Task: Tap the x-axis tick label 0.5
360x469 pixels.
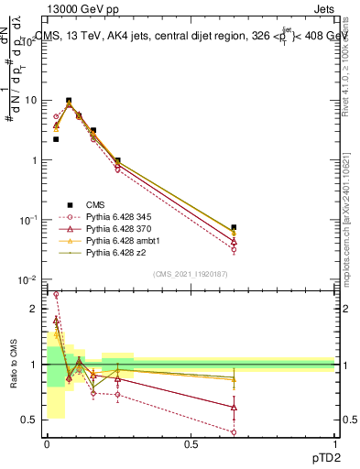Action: coord(191,445)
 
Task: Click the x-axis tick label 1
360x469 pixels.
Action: coord(335,445)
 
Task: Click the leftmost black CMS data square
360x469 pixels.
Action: coord(56,139)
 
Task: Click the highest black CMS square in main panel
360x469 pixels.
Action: coord(69,101)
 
